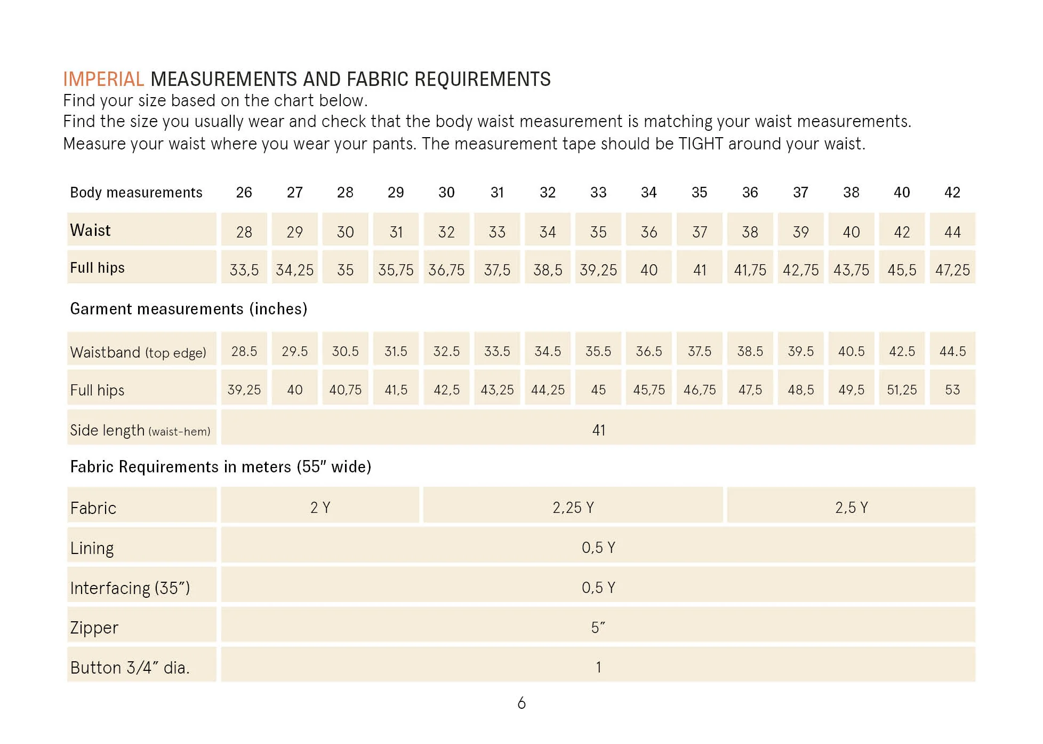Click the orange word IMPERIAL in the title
pyautogui.click(x=103, y=79)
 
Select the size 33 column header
pyautogui.click(x=598, y=192)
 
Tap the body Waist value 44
pyautogui.click(x=952, y=232)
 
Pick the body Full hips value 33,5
pyautogui.click(x=244, y=270)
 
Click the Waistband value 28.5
pyautogui.click(x=244, y=351)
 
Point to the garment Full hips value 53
pyautogui.click(x=952, y=390)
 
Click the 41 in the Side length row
pyautogui.click(x=599, y=430)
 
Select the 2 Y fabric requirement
pyautogui.click(x=320, y=507)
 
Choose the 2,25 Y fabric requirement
pyautogui.click(x=573, y=507)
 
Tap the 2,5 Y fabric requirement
pyautogui.click(x=852, y=507)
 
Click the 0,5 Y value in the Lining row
pyautogui.click(x=598, y=548)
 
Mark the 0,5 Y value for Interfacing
pyautogui.click(x=598, y=588)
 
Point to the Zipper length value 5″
pyautogui.click(x=598, y=628)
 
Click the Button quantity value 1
pyautogui.click(x=598, y=667)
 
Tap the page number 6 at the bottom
pyautogui.click(x=521, y=703)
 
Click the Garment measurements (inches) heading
pyautogui.click(x=189, y=309)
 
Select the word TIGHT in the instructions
pyautogui.click(x=701, y=144)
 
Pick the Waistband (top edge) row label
pyautogui.click(x=138, y=352)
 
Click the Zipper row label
pyautogui.click(x=94, y=628)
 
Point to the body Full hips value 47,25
pyautogui.click(x=952, y=270)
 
